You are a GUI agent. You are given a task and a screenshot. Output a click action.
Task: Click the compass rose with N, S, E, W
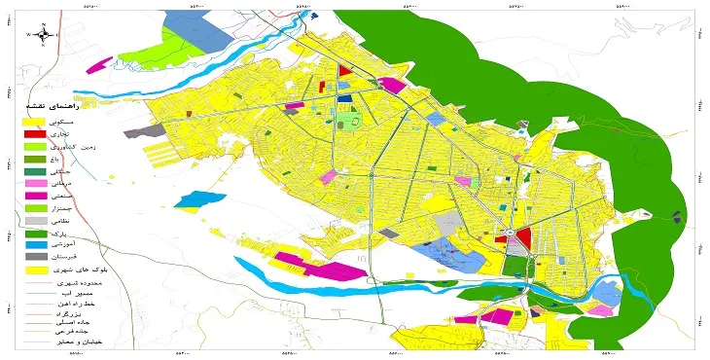click(43, 33)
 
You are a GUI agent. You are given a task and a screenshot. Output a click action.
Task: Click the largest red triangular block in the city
click(522, 237)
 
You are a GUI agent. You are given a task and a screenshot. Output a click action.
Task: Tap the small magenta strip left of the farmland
click(98, 66)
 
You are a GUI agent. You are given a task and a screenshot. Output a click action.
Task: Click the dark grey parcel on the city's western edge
click(130, 130)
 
